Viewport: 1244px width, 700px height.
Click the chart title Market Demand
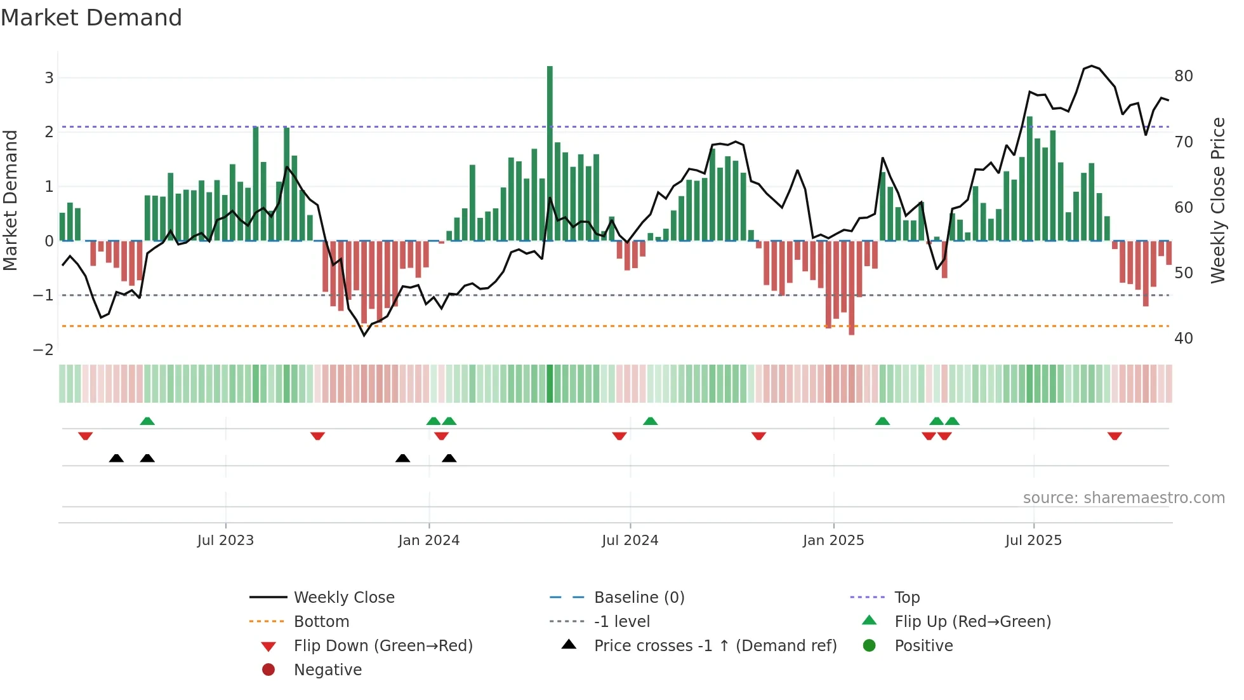point(91,18)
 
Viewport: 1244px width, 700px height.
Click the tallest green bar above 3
point(550,152)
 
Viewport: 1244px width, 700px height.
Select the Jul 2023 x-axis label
point(225,541)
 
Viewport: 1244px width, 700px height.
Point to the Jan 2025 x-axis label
point(833,541)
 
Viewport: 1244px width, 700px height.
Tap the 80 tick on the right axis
point(1184,76)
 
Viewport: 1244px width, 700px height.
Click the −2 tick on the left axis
point(43,350)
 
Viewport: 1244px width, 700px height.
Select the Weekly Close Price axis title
point(1218,200)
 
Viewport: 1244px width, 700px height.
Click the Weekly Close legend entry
point(344,598)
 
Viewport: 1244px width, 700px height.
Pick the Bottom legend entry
point(321,622)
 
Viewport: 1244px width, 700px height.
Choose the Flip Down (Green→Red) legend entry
point(383,646)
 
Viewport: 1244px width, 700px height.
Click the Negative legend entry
point(328,670)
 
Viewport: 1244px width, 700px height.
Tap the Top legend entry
point(907,598)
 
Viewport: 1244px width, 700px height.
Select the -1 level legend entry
point(622,622)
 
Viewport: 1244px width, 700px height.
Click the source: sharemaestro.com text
point(1123,498)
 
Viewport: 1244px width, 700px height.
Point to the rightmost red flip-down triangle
point(1115,436)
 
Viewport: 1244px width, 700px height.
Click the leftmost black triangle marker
point(116,458)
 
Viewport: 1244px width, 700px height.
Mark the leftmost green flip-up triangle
point(147,421)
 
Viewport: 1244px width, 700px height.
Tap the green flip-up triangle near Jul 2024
point(650,421)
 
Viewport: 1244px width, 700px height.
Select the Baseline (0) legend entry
point(639,598)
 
